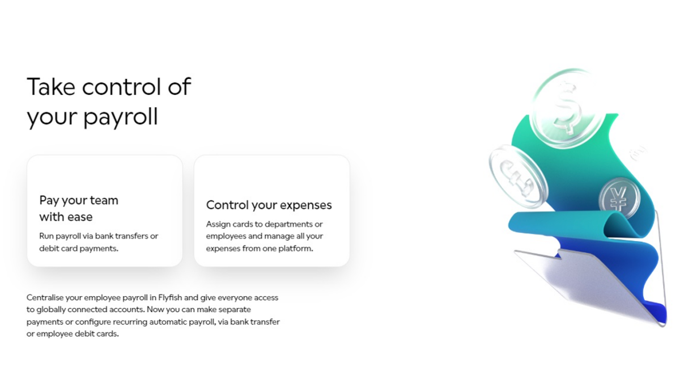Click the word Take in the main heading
[51, 87]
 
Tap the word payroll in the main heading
[121, 117]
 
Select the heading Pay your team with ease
[79, 209]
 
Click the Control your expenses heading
[269, 205]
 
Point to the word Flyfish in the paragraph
[170, 297]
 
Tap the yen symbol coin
[619, 198]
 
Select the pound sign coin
[518, 177]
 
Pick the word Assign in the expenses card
[218, 224]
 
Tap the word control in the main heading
[121, 87]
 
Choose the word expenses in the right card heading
[305, 206]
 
